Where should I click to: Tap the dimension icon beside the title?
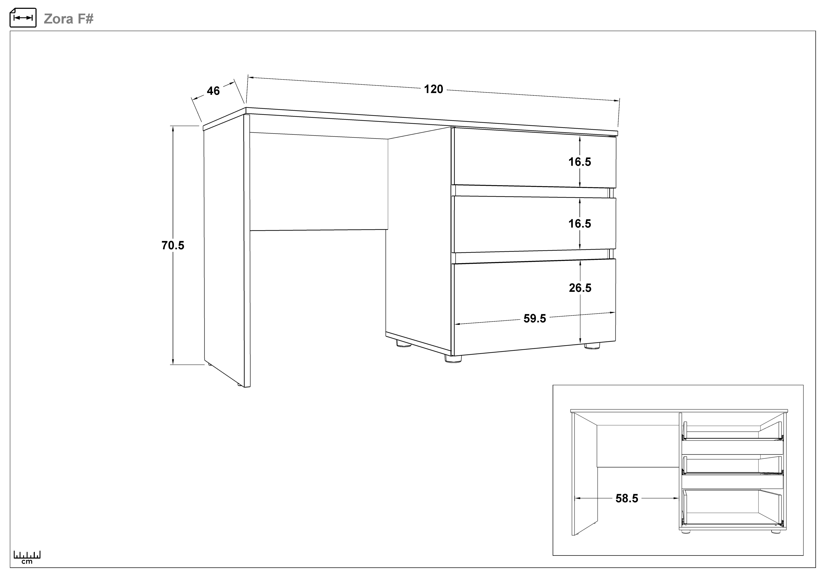(23, 18)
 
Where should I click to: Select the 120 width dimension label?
(433, 89)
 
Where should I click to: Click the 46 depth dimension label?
(213, 91)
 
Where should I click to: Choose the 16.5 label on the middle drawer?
(580, 224)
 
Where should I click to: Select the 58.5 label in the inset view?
(627, 498)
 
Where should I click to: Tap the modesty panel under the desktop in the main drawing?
(319, 182)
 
